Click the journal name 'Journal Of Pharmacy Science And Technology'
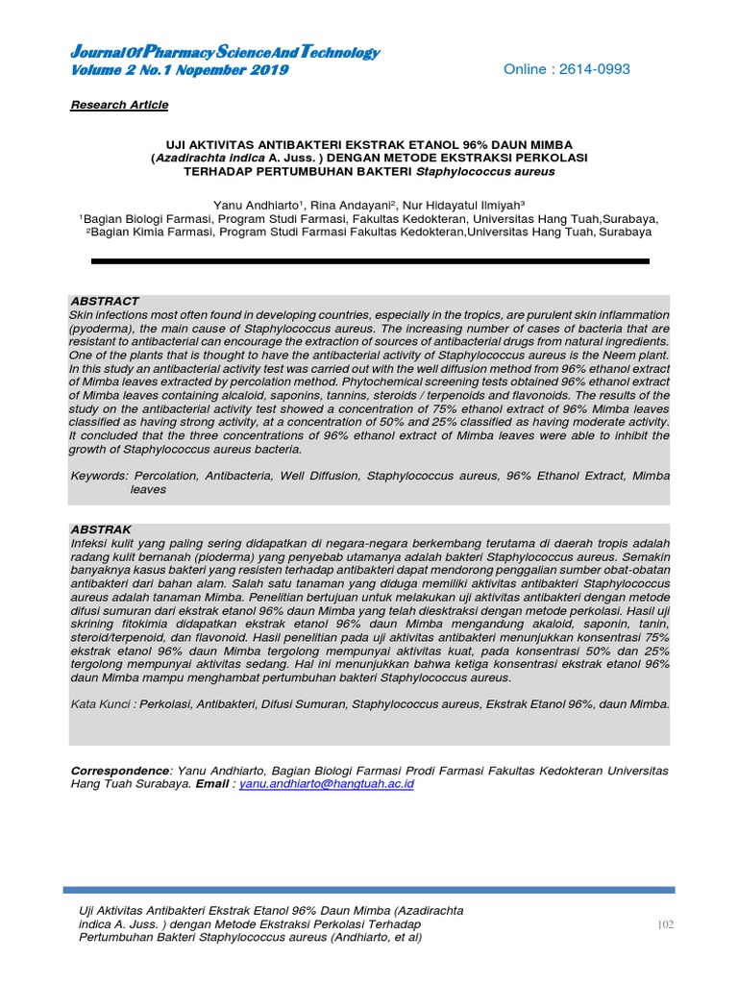point(225,53)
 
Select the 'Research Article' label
point(119,105)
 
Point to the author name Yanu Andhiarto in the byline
point(257,204)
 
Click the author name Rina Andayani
point(355,204)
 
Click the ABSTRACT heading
point(105,301)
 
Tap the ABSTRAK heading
point(102,529)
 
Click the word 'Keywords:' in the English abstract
point(99,476)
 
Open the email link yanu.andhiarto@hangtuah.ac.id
point(327,784)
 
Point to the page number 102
point(665,924)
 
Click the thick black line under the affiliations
point(369,260)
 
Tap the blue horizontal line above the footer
point(369,890)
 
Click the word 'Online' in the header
point(529,69)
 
